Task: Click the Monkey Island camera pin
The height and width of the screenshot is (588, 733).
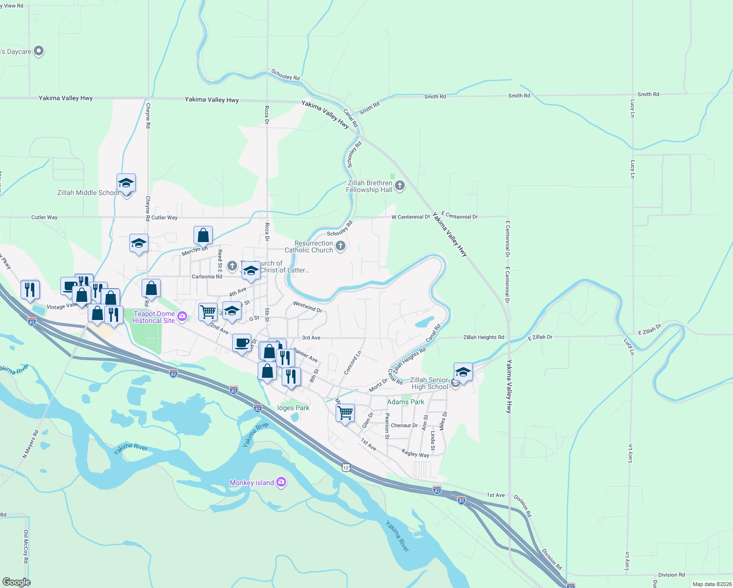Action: [281, 482]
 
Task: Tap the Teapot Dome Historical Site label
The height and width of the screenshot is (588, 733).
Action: [154, 317]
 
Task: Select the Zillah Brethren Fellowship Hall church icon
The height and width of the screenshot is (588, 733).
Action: [400, 186]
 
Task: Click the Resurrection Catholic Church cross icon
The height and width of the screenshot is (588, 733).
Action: [341, 246]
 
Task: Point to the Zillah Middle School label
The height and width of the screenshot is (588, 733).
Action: [88, 193]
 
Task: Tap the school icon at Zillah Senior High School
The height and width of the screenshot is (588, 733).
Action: [463, 372]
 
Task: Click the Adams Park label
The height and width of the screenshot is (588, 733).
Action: [406, 402]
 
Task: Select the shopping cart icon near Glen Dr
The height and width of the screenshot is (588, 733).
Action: [345, 413]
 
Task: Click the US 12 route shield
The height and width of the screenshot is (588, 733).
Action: [346, 467]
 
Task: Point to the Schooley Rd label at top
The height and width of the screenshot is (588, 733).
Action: [286, 75]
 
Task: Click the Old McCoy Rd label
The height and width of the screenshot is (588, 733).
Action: [26, 546]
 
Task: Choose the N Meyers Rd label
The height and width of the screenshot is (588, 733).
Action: [30, 444]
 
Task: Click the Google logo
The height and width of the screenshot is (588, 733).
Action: [16, 582]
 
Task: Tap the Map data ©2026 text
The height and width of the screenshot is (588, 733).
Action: [711, 584]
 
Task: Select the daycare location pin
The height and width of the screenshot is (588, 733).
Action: [39, 51]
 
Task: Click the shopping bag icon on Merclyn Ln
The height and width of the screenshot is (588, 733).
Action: [203, 236]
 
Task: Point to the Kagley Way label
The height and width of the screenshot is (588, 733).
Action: [415, 453]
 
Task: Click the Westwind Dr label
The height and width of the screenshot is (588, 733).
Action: [307, 307]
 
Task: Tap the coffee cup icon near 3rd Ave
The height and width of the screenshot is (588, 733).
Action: [242, 343]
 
